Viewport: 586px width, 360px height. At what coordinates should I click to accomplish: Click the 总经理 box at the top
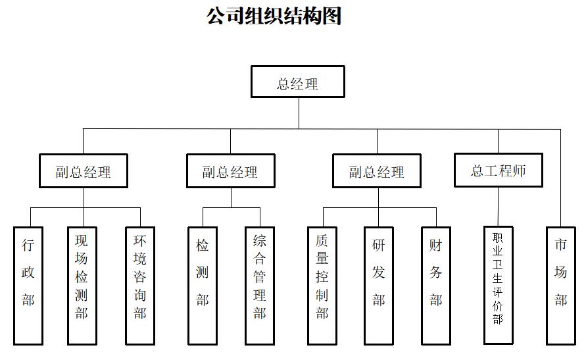click(x=297, y=82)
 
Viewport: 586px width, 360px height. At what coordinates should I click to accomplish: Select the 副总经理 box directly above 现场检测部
click(x=83, y=171)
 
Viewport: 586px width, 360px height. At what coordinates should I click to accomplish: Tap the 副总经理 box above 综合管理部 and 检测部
click(x=230, y=171)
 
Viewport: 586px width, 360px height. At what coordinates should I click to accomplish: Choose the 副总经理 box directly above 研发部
click(x=377, y=171)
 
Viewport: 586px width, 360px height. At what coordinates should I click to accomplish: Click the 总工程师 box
click(x=498, y=170)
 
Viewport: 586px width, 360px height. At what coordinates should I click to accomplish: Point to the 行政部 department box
click(x=28, y=285)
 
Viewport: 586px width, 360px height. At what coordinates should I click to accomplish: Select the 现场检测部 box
click(x=82, y=285)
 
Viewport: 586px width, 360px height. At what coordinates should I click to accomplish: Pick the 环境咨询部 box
click(x=140, y=285)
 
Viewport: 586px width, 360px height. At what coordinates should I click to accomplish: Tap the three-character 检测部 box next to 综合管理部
click(x=202, y=285)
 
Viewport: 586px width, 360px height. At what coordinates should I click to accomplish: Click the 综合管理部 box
click(x=260, y=285)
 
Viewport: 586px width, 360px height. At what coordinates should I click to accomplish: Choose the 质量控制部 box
click(x=322, y=285)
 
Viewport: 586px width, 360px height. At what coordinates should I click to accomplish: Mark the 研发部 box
click(x=379, y=285)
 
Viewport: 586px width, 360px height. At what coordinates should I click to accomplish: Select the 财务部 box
click(x=436, y=285)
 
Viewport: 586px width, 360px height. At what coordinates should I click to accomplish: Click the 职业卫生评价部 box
click(x=498, y=285)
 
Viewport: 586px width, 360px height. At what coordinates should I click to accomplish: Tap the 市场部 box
click(x=560, y=285)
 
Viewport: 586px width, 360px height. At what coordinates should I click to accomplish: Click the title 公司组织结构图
click(x=274, y=16)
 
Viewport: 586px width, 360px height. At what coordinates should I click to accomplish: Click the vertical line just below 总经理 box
click(x=299, y=113)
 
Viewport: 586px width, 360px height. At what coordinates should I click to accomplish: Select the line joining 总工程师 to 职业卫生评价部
click(x=499, y=207)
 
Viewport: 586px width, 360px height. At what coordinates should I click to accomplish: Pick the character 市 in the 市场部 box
click(x=560, y=246)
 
